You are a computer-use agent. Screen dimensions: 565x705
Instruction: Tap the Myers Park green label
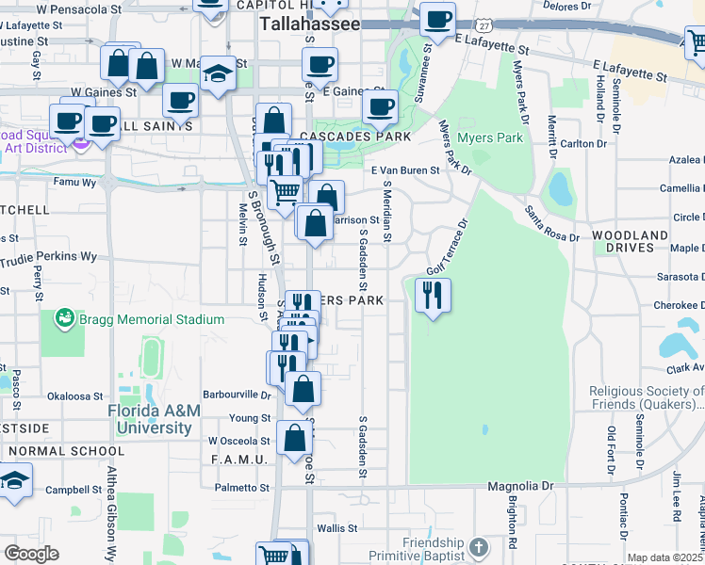(489, 138)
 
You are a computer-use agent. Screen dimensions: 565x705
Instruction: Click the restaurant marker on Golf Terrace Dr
(433, 297)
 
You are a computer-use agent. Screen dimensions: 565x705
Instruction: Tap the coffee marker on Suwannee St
(436, 20)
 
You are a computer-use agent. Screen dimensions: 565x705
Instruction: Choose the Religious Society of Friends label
(647, 398)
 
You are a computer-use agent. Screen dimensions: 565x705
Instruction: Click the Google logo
(32, 554)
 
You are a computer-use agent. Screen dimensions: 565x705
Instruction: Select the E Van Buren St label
(405, 170)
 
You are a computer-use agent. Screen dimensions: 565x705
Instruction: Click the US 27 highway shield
(483, 21)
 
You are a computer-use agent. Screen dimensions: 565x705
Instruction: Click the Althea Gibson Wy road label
(111, 513)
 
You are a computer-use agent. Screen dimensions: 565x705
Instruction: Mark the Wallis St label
(336, 529)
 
